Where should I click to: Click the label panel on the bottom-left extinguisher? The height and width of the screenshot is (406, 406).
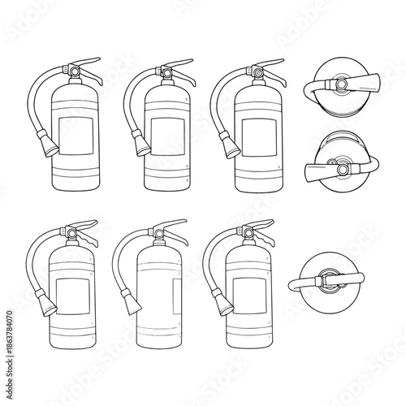[x=72, y=290]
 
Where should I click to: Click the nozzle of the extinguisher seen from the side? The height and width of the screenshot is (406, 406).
[x=130, y=304]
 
